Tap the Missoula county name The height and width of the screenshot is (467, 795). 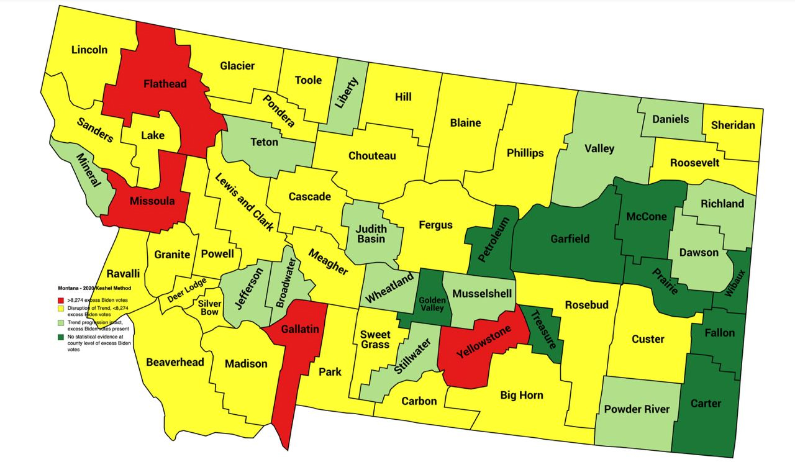152,201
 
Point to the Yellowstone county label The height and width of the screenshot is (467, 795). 484,342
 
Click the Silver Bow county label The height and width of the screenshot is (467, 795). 209,307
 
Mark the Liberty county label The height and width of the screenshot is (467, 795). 347,94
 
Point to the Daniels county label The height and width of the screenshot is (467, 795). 670,119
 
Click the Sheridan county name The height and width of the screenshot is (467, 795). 733,125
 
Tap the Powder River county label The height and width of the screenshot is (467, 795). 637,409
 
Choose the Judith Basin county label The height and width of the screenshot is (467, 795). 371,233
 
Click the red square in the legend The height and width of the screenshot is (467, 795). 61,300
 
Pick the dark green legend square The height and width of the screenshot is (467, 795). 61,337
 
